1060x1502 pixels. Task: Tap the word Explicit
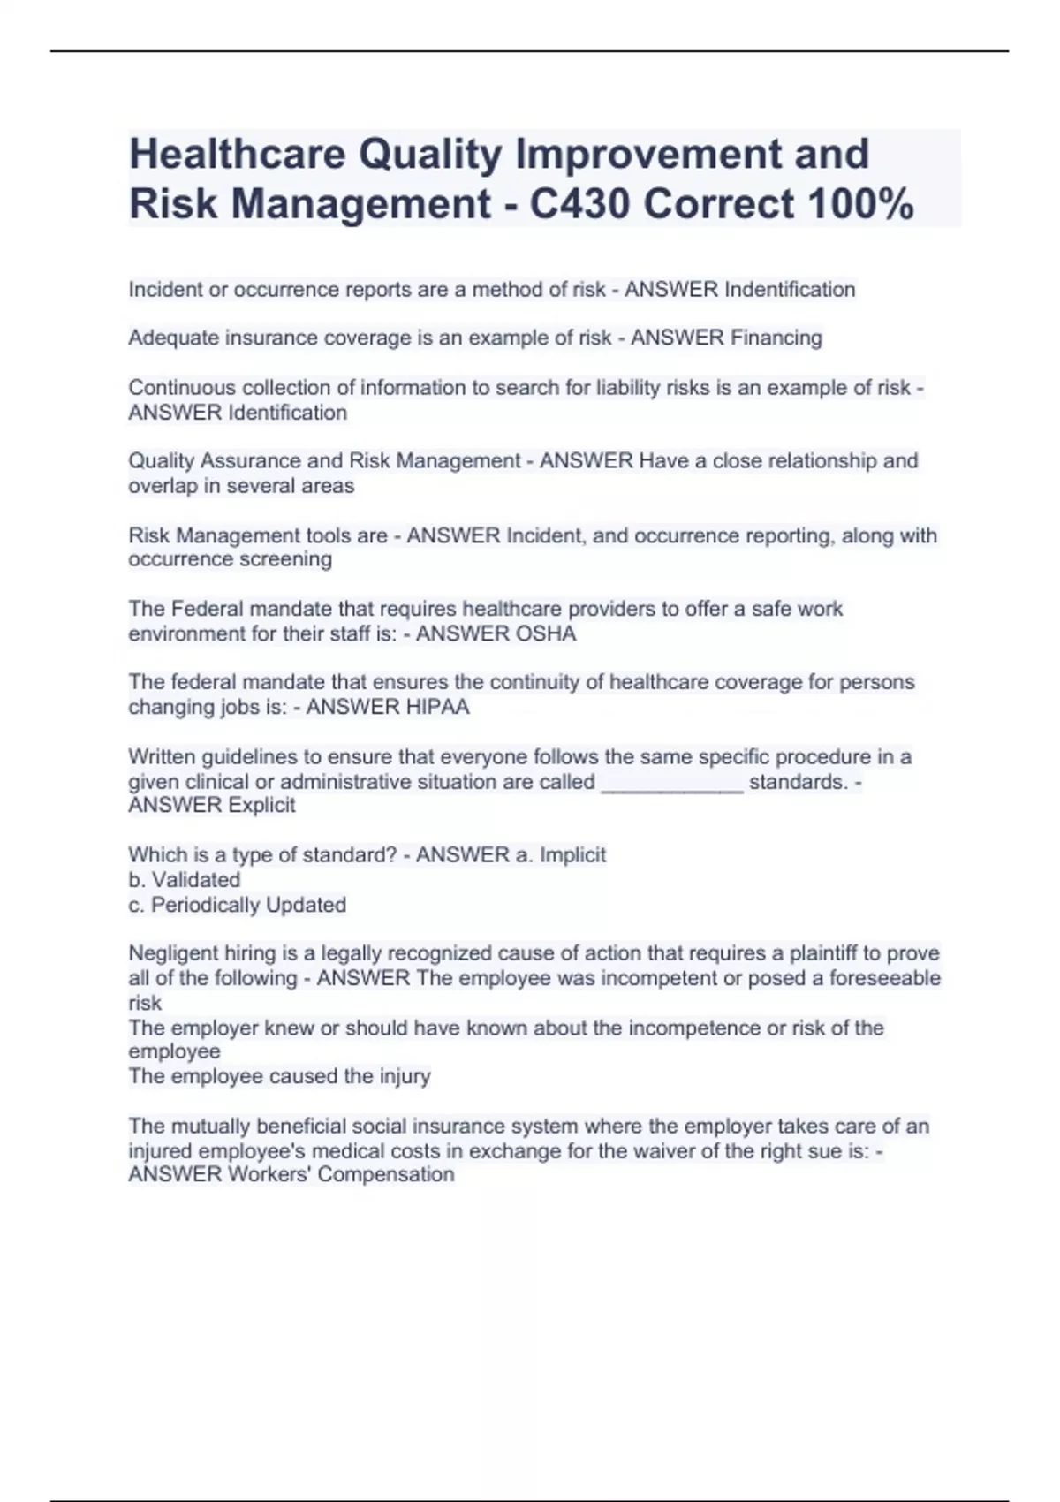point(261,805)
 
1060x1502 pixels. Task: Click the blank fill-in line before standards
point(671,782)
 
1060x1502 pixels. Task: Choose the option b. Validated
point(184,880)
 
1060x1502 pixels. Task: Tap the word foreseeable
point(884,978)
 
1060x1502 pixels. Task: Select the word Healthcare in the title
point(237,154)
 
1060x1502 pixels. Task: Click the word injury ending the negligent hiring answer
point(405,1076)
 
